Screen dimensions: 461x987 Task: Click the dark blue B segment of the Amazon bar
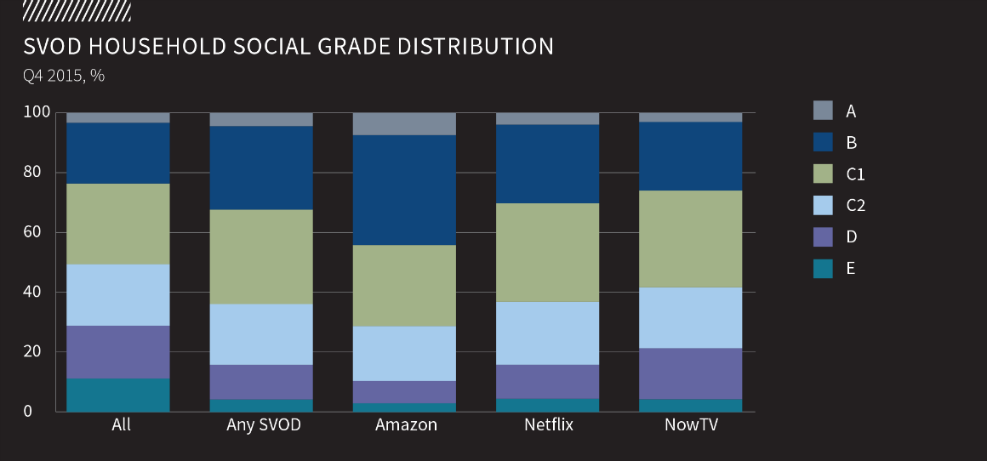tap(404, 190)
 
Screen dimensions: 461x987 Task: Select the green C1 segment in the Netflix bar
tap(547, 252)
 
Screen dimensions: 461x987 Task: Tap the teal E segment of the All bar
tap(118, 395)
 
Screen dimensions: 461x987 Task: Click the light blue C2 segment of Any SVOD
tap(261, 334)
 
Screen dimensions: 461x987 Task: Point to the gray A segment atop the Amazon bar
tap(404, 123)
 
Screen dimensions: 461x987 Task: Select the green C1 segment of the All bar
tap(118, 224)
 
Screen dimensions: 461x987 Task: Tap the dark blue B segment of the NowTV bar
tap(690, 156)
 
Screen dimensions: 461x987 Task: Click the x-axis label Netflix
tap(548, 424)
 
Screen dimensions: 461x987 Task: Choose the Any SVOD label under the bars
tap(263, 424)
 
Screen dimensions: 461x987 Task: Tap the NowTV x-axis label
tap(691, 424)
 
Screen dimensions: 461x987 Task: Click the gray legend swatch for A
tap(823, 111)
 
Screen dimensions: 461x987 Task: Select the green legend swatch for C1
tap(823, 174)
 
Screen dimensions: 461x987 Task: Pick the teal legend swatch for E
tap(823, 268)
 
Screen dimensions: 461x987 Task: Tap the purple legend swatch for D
tap(823, 236)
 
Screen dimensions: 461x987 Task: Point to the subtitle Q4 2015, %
tap(64, 76)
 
